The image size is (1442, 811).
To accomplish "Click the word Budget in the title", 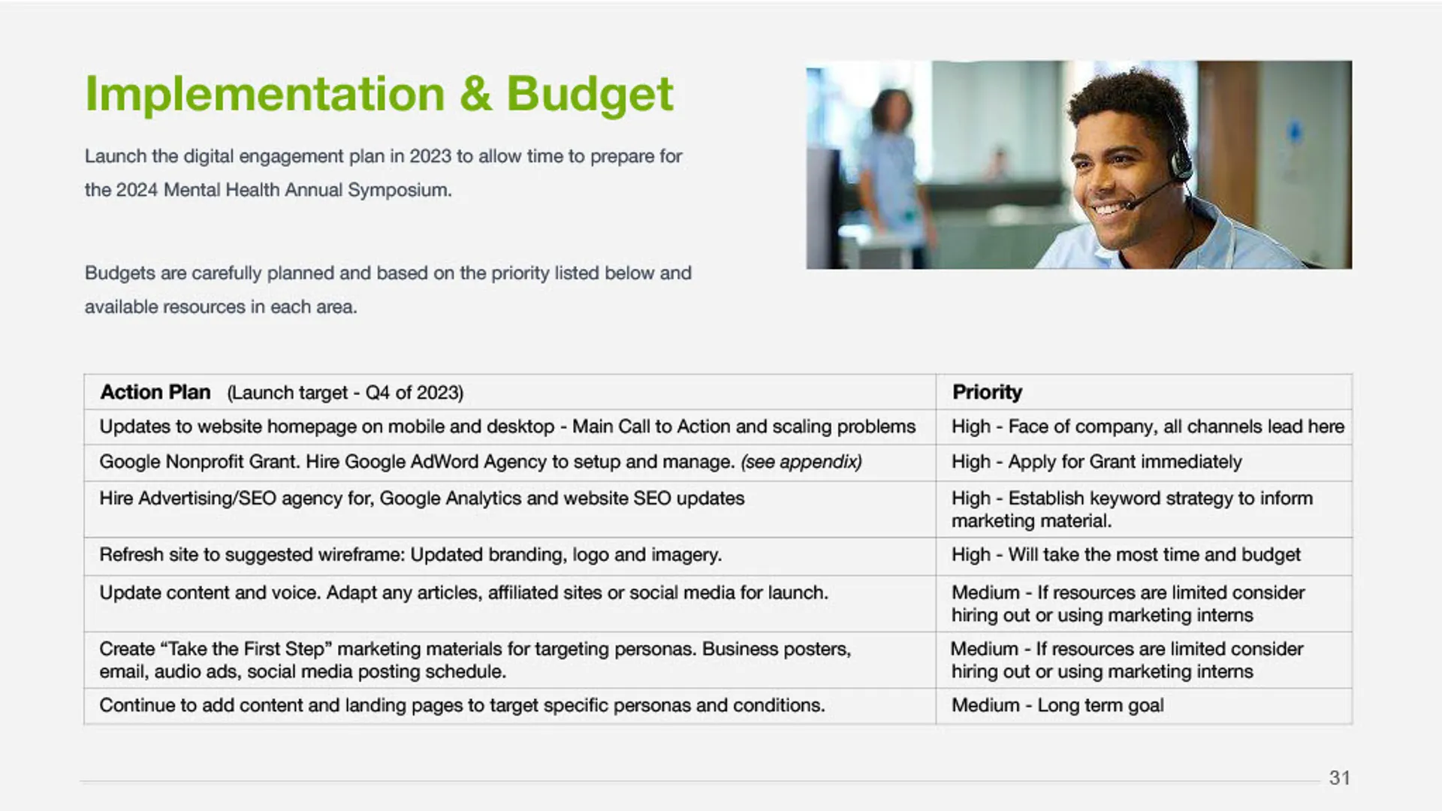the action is (590, 95).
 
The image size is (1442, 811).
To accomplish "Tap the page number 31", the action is (1339, 778).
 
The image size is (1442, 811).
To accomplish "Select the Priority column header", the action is (987, 392).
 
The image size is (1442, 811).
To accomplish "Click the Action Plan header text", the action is (155, 392).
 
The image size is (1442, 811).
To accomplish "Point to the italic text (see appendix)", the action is (801, 462).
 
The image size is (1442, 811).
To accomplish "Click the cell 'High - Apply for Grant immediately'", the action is (1097, 462).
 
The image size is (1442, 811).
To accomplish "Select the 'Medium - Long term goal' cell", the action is (1057, 705).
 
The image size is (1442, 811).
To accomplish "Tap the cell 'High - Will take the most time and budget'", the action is (1126, 555).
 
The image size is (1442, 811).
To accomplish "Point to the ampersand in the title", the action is (475, 95).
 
